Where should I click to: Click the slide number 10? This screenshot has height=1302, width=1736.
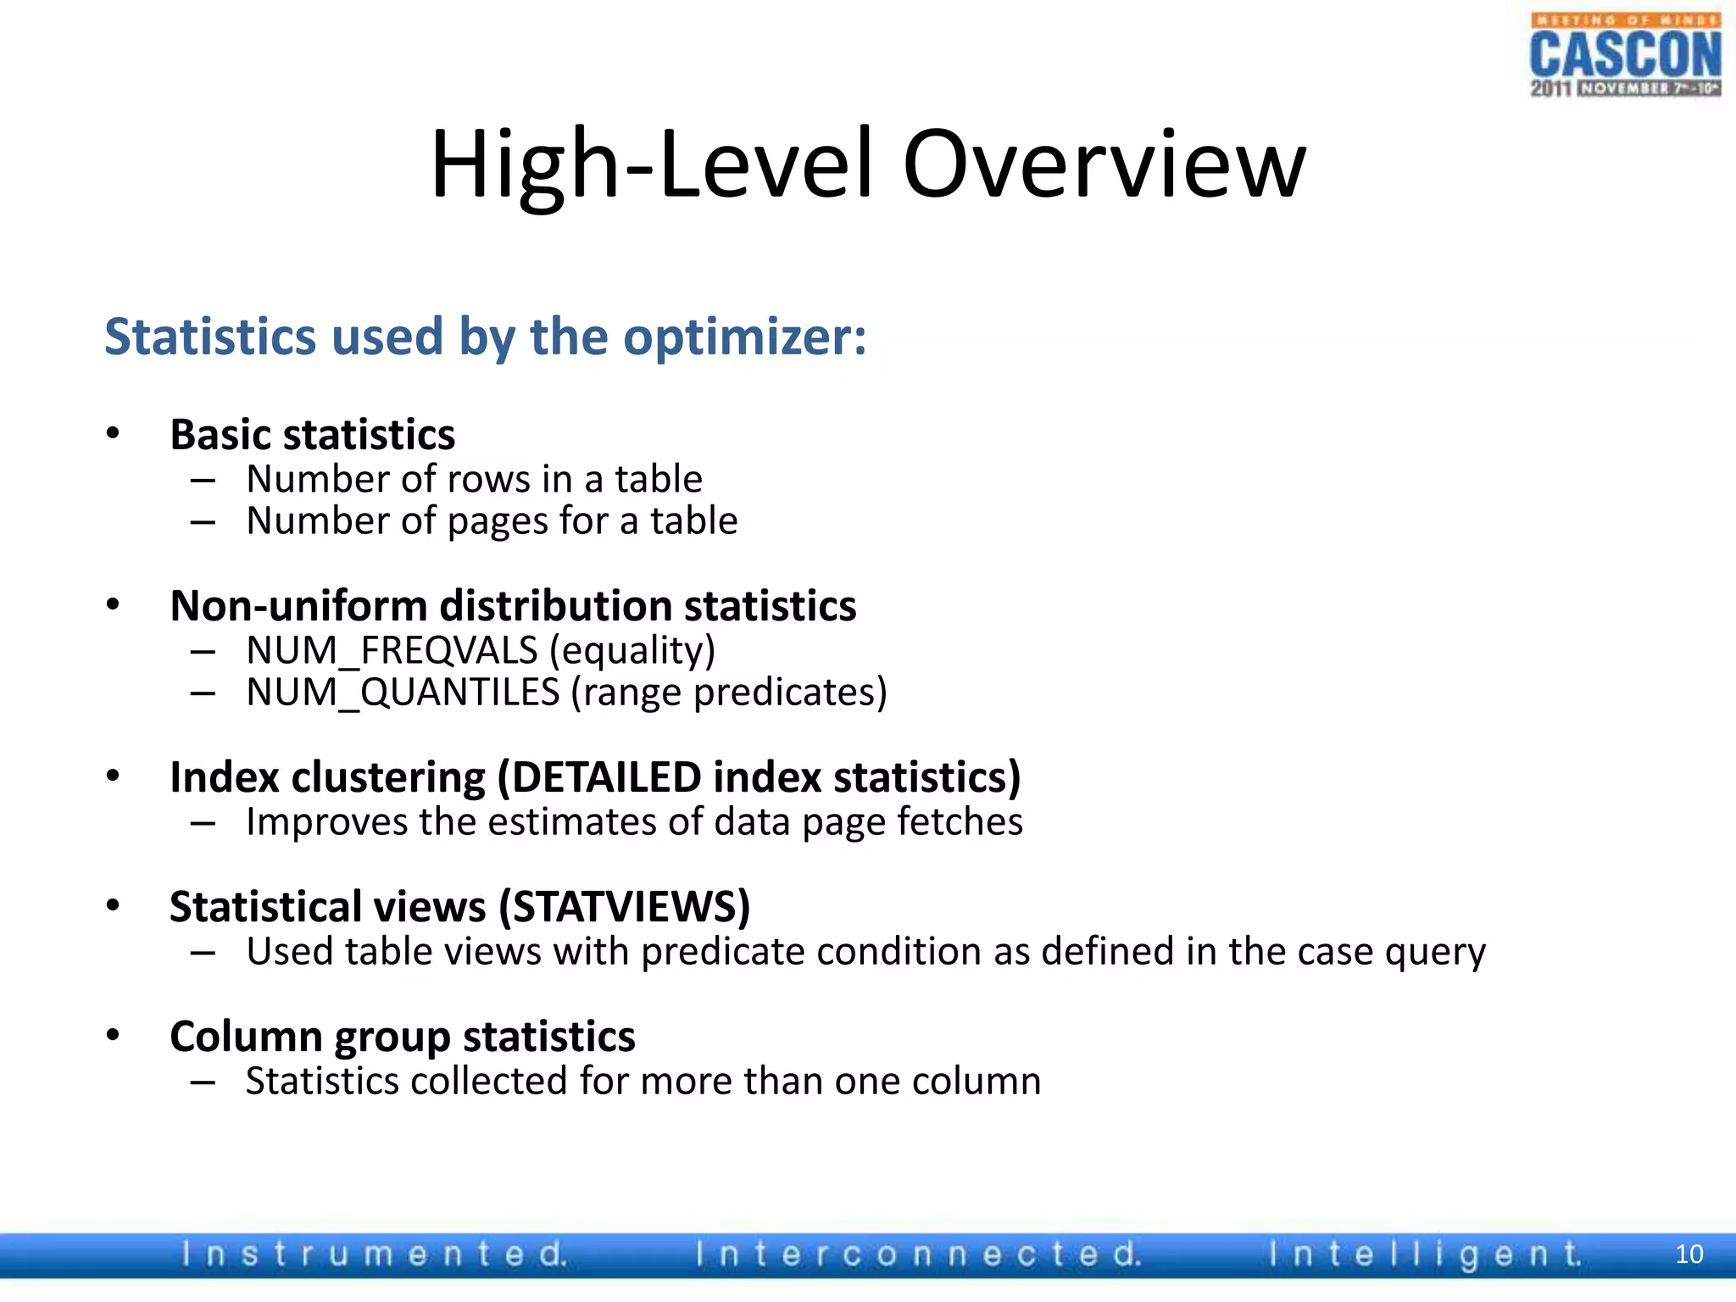point(1689,1254)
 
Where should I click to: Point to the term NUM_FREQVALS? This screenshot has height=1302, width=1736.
point(392,651)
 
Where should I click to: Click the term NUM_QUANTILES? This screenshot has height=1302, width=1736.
point(403,693)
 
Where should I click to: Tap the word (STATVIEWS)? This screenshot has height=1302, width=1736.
point(625,907)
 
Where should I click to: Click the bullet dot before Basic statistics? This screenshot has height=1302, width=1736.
point(114,434)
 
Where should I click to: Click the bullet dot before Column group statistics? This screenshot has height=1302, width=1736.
point(114,1035)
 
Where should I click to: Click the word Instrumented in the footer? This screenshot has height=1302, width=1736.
point(374,1254)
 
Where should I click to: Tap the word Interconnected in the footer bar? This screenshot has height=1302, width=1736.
point(918,1254)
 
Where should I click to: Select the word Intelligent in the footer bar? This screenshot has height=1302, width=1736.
point(1425,1254)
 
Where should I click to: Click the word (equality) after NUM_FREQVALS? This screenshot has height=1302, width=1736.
point(632,651)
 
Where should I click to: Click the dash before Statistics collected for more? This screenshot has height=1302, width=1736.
point(203,1082)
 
